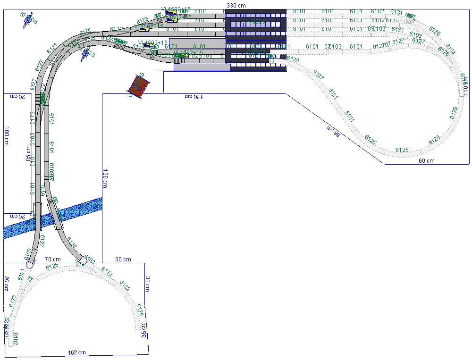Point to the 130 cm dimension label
[194, 97]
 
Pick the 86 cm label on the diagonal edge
[334, 132]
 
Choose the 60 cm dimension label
[427, 161]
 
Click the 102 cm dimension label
[77, 352]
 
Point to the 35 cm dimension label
[144, 330]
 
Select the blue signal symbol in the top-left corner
[28, 20]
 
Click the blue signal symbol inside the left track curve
[86, 54]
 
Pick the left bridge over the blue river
[38, 217]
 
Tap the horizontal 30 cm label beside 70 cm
[123, 260]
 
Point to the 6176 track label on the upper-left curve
[85, 32]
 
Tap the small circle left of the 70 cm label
[29, 265]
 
